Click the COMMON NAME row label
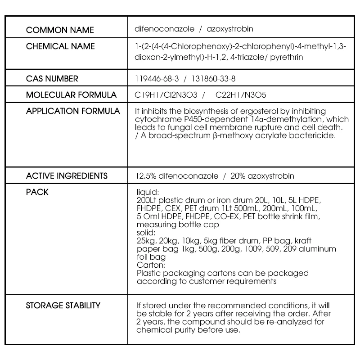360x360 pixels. [60, 30]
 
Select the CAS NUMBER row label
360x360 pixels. [52, 79]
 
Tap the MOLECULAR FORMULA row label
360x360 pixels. [71, 95]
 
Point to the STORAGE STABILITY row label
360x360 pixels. [63, 306]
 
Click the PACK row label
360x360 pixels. [37, 192]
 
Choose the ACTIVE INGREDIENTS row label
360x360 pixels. [67, 175]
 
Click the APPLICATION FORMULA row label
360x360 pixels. [73, 111]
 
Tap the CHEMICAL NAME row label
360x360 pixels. [60, 46]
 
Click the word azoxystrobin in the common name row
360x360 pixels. [229, 29]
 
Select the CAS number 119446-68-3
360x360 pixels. [157, 79]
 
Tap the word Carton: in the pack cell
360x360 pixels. [148, 265]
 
